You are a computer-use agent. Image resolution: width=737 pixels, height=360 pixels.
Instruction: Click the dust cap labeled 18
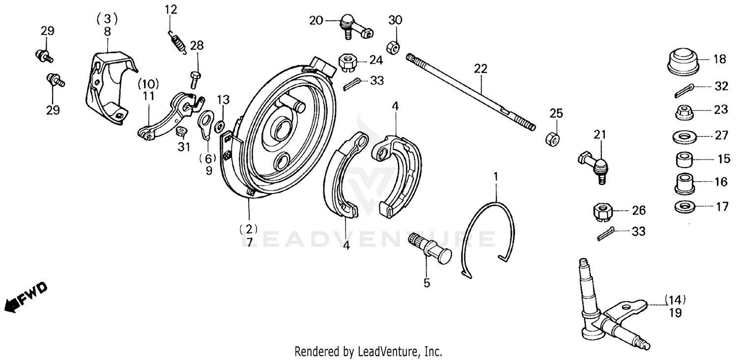click(x=684, y=62)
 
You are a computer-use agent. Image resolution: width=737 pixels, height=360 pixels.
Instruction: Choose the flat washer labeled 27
click(x=684, y=136)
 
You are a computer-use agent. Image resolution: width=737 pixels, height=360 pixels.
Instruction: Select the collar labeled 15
click(x=684, y=160)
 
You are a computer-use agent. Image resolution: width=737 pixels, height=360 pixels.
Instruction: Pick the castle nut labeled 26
click(x=601, y=212)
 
